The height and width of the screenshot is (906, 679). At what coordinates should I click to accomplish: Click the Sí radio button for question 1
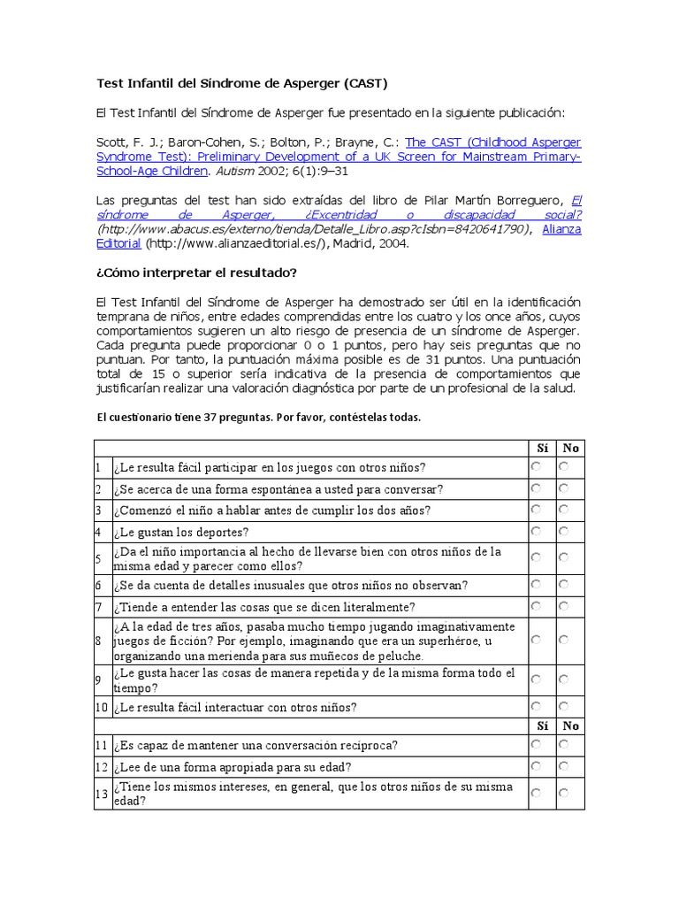(x=536, y=466)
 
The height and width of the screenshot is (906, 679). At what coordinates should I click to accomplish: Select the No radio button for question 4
(x=563, y=531)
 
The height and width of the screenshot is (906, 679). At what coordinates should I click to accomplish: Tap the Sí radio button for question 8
(x=536, y=639)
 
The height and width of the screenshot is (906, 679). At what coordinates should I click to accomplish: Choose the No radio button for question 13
(x=563, y=793)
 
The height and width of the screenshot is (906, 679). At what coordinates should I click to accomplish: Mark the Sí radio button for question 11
(x=536, y=744)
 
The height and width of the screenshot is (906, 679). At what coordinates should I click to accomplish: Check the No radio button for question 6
(x=563, y=584)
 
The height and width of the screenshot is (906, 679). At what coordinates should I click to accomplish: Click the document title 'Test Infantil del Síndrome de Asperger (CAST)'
(x=241, y=83)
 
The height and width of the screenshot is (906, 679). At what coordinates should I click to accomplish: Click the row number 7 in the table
(x=99, y=607)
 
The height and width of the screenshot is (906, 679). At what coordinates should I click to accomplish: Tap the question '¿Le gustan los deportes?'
(x=181, y=532)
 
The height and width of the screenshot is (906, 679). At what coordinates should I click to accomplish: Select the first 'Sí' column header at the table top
(x=542, y=448)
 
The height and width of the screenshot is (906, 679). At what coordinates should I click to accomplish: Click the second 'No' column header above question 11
(x=571, y=726)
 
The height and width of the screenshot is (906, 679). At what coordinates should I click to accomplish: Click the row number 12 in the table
(x=102, y=766)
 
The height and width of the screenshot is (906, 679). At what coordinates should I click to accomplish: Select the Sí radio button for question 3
(x=536, y=510)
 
